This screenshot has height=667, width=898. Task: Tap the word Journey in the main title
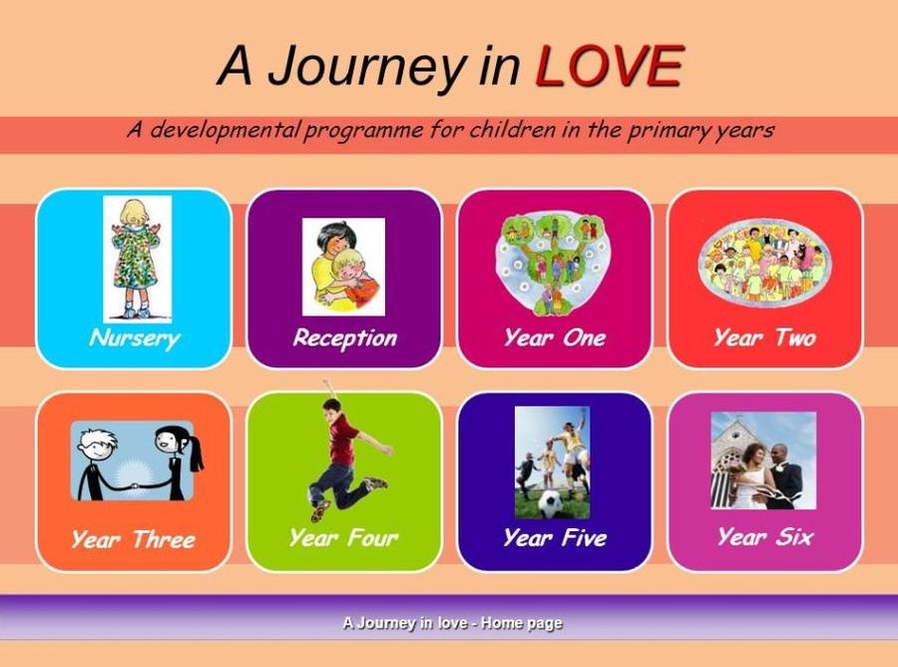click(365, 69)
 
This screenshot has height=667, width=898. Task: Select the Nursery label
click(135, 338)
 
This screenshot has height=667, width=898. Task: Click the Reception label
click(345, 338)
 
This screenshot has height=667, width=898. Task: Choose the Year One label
click(555, 337)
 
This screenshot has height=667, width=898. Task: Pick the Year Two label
click(765, 337)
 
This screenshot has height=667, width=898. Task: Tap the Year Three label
click(134, 539)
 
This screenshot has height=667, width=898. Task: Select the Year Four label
click(344, 537)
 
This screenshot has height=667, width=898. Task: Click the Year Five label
click(555, 537)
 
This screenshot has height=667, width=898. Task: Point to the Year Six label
click(765, 537)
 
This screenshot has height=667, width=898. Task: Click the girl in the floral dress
click(137, 259)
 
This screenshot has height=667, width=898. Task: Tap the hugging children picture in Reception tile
click(343, 267)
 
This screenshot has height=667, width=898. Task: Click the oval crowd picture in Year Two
click(764, 263)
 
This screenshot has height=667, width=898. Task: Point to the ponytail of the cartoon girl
click(196, 452)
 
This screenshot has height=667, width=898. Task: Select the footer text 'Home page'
click(522, 623)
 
